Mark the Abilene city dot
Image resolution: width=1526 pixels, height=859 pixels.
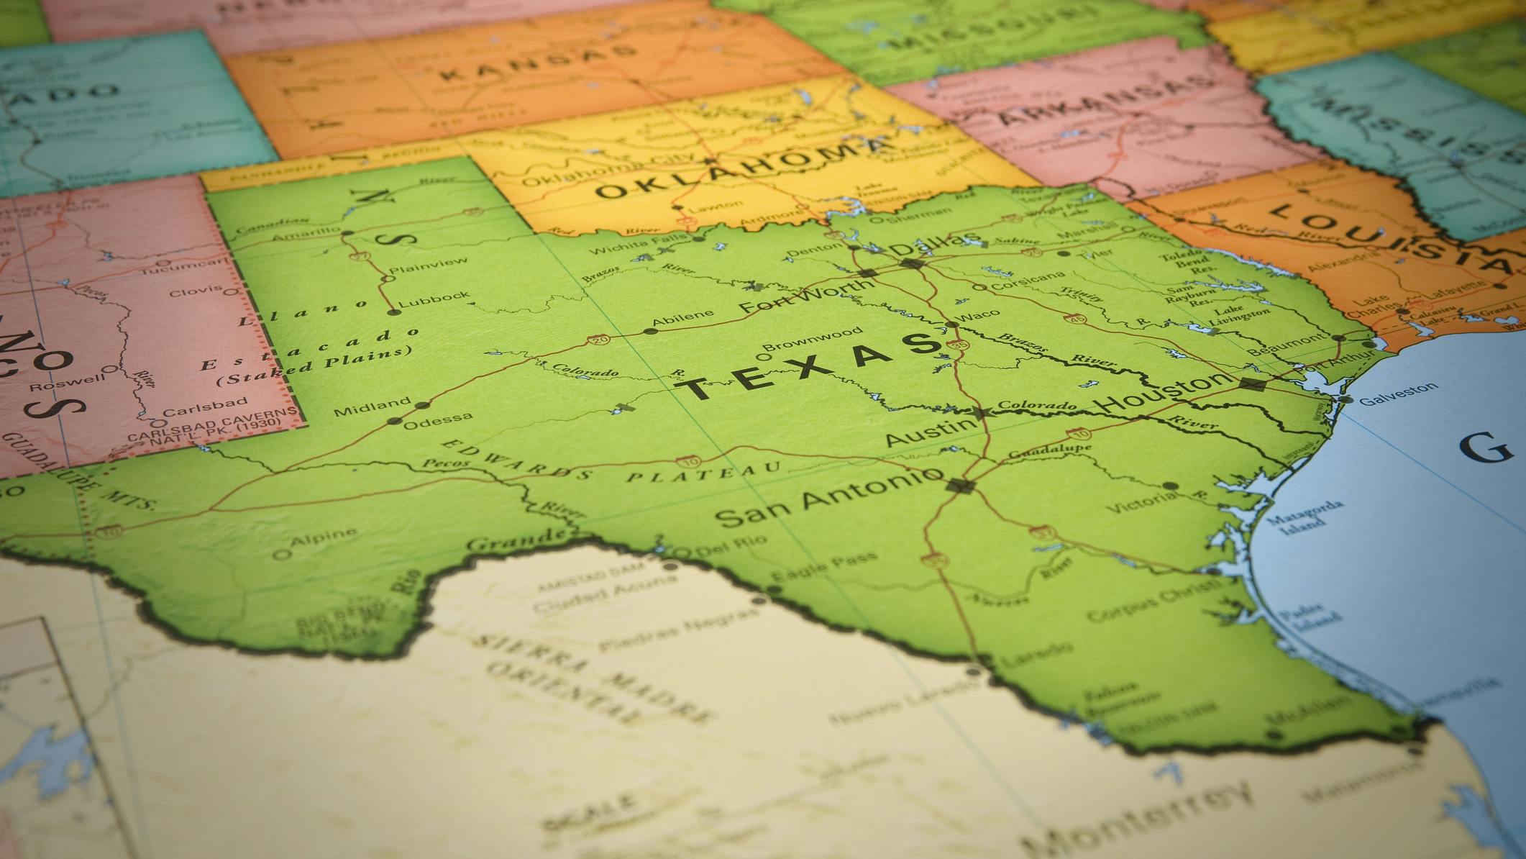click(650, 332)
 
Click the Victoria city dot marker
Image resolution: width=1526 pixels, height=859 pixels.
click(1170, 486)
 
